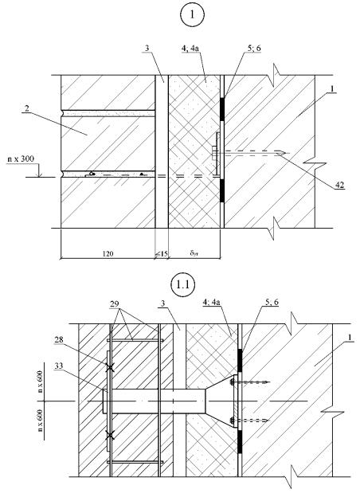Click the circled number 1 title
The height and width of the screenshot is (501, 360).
pyautogui.click(x=192, y=14)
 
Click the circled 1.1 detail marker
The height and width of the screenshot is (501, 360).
pyautogui.click(x=183, y=284)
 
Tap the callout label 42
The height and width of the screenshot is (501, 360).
pyautogui.click(x=339, y=185)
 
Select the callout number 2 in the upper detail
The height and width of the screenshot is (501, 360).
pyautogui.click(x=26, y=108)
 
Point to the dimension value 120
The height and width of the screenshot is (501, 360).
pyautogui.click(x=108, y=254)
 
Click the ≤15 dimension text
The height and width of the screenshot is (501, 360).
pyautogui.click(x=162, y=254)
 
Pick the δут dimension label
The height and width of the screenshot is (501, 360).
pyautogui.click(x=194, y=254)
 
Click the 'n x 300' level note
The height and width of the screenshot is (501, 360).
pyautogui.click(x=20, y=159)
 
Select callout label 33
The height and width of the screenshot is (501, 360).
pyautogui.click(x=59, y=366)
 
